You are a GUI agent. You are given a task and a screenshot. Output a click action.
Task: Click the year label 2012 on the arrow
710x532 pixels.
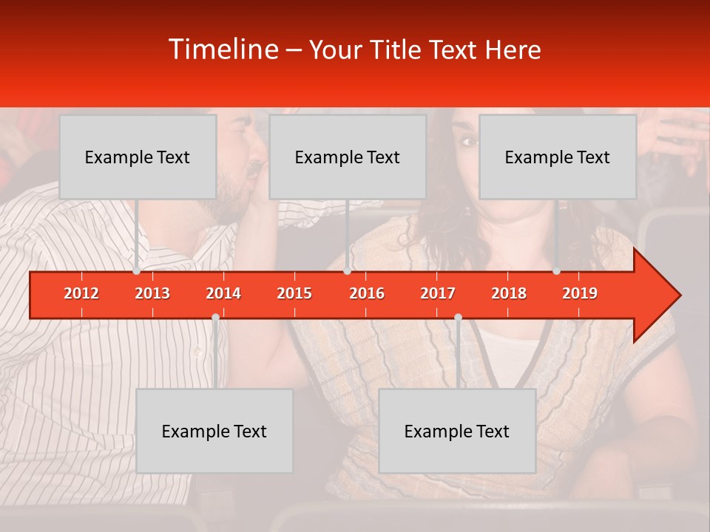tap(81, 293)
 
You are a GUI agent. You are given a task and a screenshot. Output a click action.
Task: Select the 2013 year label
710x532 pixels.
tap(152, 293)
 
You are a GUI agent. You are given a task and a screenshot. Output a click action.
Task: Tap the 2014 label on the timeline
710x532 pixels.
tap(223, 293)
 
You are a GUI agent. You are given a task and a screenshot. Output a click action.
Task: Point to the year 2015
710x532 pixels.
tap(294, 293)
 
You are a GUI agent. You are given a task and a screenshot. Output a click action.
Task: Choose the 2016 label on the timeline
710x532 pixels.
tap(367, 293)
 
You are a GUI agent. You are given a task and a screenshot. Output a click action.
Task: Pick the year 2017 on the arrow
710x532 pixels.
tap(438, 293)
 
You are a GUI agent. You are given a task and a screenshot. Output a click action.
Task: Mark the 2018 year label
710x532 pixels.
tap(509, 293)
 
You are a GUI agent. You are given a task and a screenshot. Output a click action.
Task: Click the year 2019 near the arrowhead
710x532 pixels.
tap(580, 293)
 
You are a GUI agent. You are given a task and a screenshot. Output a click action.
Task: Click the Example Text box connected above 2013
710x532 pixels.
tap(138, 157)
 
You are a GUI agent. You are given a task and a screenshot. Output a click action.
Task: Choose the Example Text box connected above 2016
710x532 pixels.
tap(348, 157)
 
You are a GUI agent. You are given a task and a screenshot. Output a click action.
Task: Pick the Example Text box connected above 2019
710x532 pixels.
tap(558, 157)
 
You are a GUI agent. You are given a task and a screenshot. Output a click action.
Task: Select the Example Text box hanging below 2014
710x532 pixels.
tap(214, 431)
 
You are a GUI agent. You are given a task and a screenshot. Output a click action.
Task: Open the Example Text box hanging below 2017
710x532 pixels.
tap(457, 431)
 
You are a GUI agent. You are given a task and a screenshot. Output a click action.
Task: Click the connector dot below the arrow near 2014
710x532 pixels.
tap(215, 317)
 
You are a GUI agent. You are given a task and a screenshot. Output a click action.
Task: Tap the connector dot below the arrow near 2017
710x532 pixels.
tap(458, 317)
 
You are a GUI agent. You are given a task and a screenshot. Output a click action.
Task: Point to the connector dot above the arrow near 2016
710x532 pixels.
tap(348, 270)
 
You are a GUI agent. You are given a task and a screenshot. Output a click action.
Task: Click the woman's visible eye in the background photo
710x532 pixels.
tap(468, 141)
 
